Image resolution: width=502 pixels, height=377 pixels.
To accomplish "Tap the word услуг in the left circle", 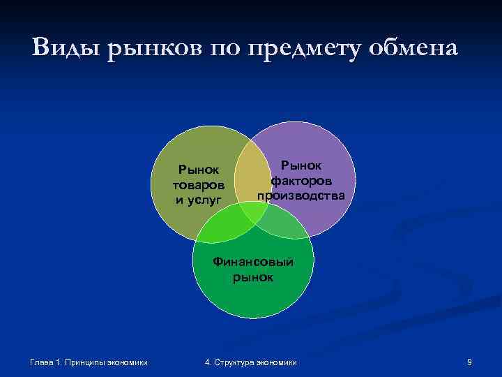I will coord(206,200).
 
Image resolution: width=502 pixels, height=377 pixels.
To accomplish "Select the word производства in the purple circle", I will coord(301,195).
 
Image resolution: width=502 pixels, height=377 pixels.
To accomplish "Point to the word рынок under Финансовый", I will coord(253,277).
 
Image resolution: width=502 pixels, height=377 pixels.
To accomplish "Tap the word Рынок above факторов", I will coord(301,165).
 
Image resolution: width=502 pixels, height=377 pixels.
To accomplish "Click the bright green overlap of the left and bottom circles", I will coord(223,224).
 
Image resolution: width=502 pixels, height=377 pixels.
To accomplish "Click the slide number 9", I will coord(470,362).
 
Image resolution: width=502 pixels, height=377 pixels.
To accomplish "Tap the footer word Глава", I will coord(43,362).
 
